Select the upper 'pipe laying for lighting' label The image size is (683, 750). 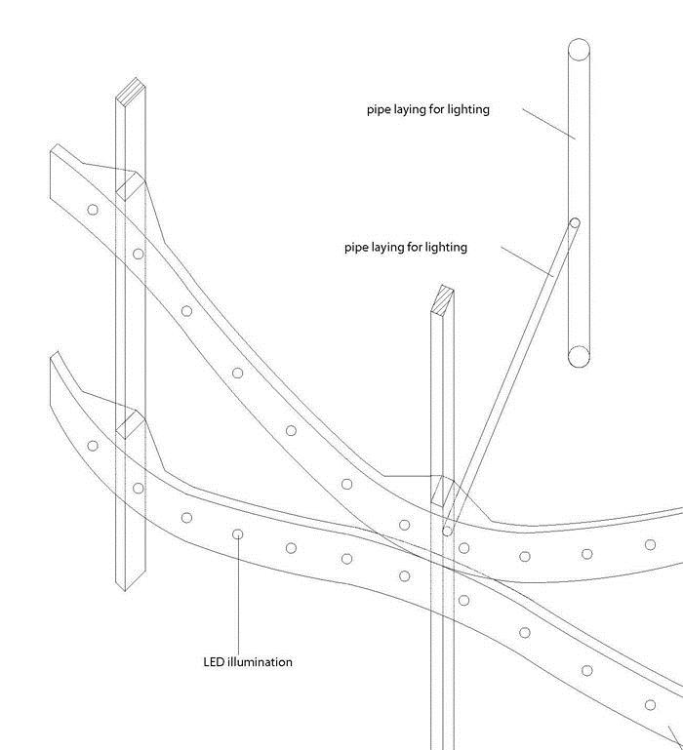428,109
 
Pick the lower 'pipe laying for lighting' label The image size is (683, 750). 406,248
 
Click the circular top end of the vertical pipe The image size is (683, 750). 580,50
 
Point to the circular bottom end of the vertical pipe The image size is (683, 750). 579,357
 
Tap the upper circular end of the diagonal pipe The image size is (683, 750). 575,223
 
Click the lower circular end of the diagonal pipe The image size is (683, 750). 447,531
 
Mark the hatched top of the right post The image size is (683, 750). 443,299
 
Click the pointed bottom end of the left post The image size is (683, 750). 125,591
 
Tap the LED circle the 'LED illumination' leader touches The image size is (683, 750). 237,534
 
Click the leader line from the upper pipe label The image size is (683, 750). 549,124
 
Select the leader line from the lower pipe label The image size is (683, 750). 528,261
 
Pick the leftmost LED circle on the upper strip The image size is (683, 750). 93,210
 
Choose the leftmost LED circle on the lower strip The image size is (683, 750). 93,446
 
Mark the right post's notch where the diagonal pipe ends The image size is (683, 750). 443,491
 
